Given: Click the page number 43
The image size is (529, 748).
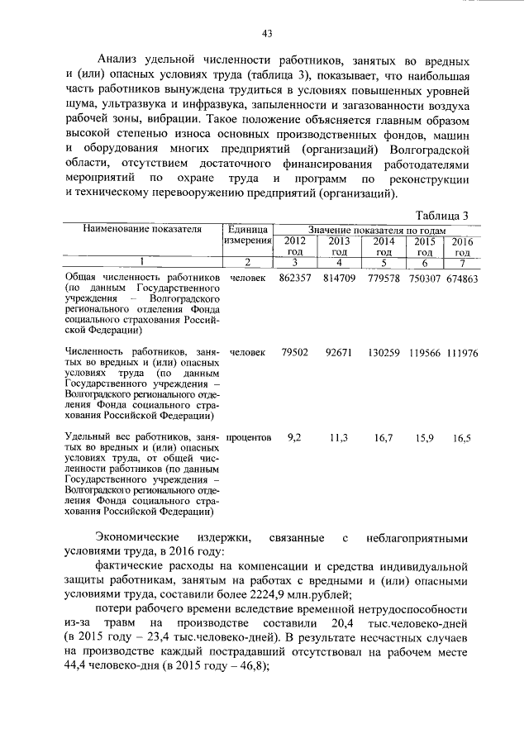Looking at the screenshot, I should click(266, 34).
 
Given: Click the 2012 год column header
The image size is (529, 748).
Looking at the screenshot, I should click(295, 245).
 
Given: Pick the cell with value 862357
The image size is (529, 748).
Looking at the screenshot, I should click(295, 279).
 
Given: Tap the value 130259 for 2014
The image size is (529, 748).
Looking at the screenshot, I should click(383, 352).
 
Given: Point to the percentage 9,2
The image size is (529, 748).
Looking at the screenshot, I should click(294, 437).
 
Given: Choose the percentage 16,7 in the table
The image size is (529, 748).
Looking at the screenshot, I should click(383, 437).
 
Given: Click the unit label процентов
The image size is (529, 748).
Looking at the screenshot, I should click(249, 437).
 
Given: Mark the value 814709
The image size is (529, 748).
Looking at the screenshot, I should click(339, 279).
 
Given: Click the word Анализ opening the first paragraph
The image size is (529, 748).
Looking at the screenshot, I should click(117, 61).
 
